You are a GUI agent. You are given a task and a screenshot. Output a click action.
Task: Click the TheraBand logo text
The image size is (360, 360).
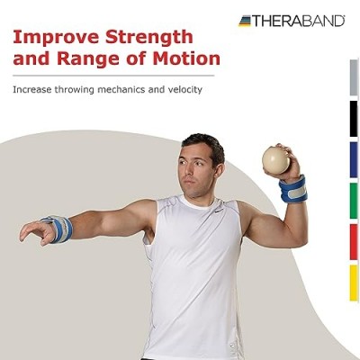(298, 21)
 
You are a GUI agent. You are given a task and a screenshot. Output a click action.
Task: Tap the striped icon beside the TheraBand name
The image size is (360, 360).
(245, 21)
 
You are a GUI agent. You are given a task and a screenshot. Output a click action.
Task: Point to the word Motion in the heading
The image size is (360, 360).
(186, 58)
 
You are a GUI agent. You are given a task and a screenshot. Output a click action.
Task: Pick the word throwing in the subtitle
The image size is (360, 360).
(75, 90)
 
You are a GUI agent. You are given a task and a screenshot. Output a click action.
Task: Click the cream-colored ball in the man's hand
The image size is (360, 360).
(276, 160)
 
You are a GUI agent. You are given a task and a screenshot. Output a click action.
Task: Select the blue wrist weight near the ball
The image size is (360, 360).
(293, 189)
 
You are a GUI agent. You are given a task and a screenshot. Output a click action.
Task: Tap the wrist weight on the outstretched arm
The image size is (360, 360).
(61, 229)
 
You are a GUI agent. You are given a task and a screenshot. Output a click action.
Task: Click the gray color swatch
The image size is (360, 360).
(354, 77)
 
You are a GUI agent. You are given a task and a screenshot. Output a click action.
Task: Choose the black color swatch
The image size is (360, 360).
(354, 119)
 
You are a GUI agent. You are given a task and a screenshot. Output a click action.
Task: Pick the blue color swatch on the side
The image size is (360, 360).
(354, 160)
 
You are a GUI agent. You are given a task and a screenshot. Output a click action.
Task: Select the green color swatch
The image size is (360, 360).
(354, 201)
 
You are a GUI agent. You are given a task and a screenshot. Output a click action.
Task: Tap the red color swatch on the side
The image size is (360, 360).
(354, 242)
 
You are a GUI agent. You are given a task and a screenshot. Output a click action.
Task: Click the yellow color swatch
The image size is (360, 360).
(354, 283)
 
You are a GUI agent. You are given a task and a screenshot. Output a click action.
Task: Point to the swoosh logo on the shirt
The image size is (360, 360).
(219, 211)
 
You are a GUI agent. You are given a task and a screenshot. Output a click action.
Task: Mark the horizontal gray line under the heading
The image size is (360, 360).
(113, 76)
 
